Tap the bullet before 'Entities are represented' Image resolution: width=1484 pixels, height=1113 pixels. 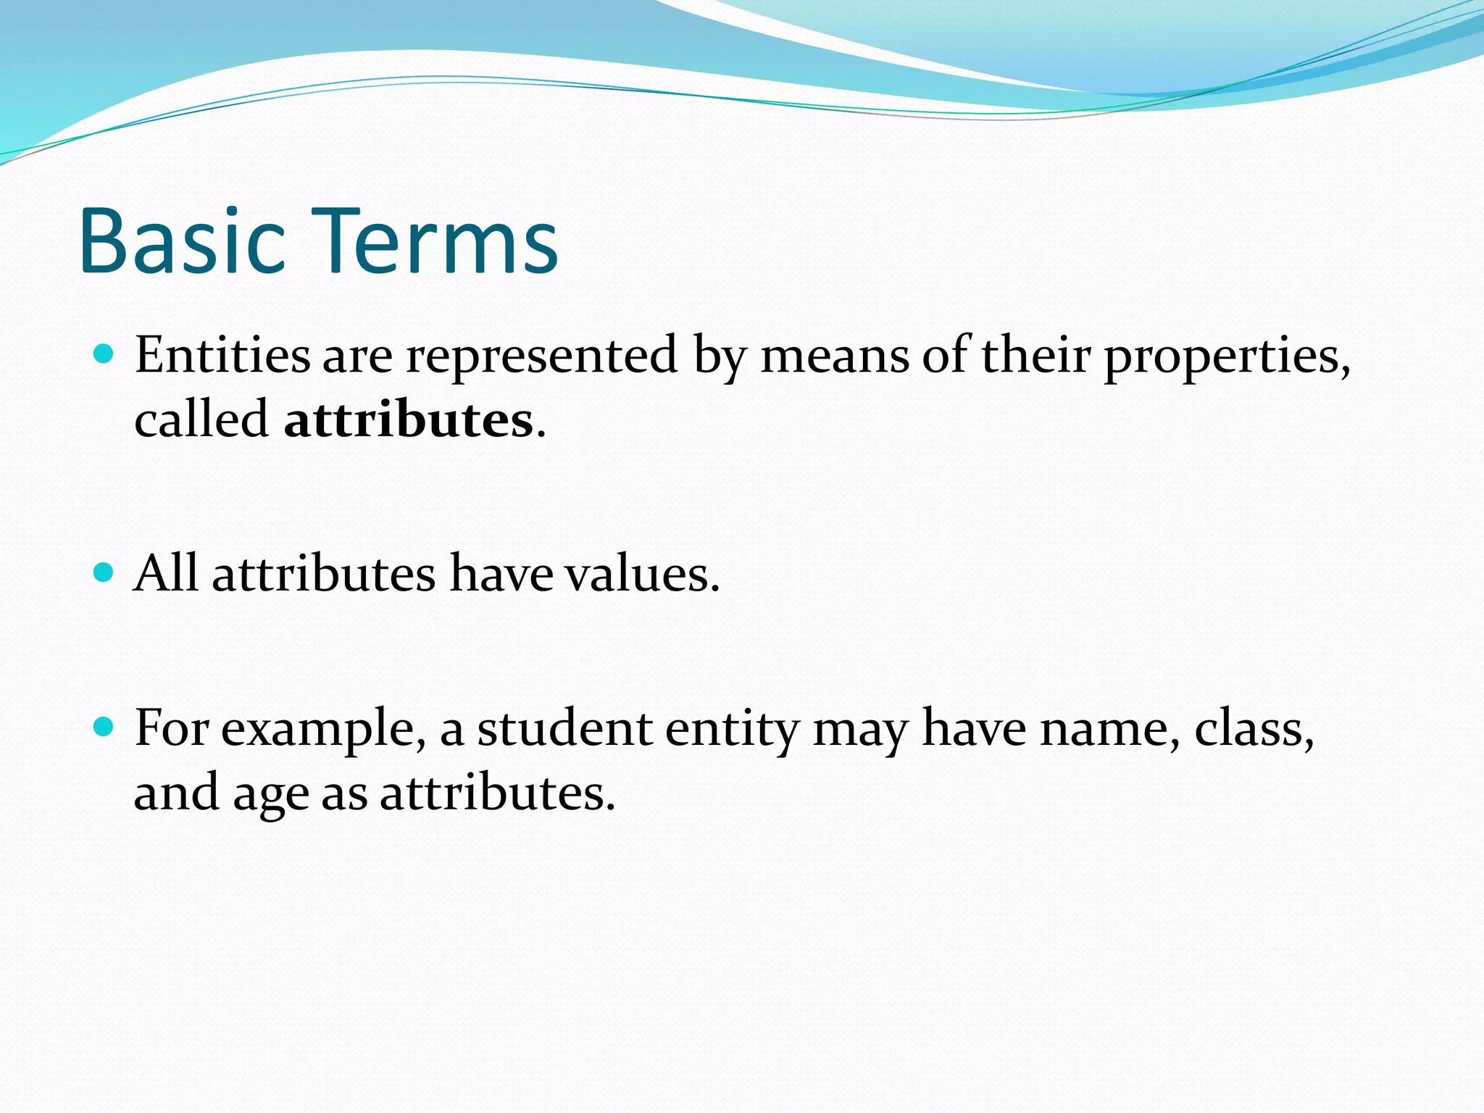[104, 354]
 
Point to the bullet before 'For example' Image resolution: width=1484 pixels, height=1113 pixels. [104, 727]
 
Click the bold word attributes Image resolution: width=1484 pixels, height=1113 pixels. [409, 420]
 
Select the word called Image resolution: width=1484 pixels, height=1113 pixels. [201, 420]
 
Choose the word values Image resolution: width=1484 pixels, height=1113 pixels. [642, 574]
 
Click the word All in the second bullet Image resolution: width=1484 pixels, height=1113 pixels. [165, 574]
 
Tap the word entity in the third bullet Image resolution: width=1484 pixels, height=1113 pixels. [732, 729]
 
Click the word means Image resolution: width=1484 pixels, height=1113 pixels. [834, 357]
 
